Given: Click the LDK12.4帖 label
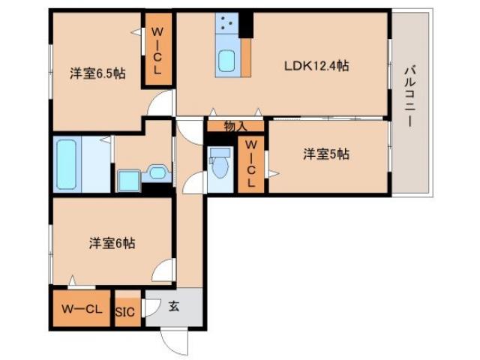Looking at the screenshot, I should tap(316, 66).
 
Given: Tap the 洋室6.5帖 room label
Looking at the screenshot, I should tap(97, 73).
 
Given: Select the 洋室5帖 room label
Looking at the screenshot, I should tap(326, 154).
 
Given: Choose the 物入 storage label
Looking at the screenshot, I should tap(235, 127).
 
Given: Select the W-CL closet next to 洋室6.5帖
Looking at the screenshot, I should tap(157, 51).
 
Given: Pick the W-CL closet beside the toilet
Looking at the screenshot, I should tap(250, 163).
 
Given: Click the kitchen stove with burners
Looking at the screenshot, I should tap(227, 27).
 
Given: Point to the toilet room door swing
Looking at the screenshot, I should tap(195, 182).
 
